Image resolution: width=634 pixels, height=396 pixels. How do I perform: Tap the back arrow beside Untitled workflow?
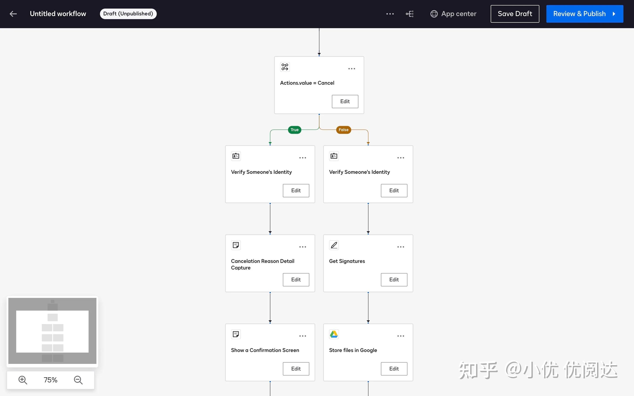(13, 14)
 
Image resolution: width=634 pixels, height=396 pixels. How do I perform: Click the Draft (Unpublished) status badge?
(128, 14)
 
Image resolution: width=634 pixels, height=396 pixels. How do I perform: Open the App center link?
(453, 14)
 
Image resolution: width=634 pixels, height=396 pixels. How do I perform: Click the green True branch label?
(295, 130)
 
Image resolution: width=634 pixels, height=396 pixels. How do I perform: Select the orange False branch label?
(343, 130)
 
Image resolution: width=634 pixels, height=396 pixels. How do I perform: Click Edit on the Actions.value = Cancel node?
(345, 102)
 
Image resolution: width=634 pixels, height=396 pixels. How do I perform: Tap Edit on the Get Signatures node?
(394, 280)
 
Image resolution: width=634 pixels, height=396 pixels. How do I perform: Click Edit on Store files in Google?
(394, 369)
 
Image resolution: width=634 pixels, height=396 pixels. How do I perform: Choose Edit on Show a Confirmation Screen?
(296, 369)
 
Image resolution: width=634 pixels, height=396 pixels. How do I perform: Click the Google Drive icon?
(334, 334)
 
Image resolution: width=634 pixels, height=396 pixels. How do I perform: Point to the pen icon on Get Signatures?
(334, 245)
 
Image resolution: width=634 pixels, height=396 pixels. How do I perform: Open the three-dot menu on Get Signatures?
(401, 247)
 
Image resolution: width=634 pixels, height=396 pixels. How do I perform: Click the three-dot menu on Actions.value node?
(352, 69)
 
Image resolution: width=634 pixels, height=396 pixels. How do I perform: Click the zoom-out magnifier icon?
(78, 380)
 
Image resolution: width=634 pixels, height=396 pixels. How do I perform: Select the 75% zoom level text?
(51, 380)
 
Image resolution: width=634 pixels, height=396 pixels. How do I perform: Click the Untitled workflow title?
(58, 14)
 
